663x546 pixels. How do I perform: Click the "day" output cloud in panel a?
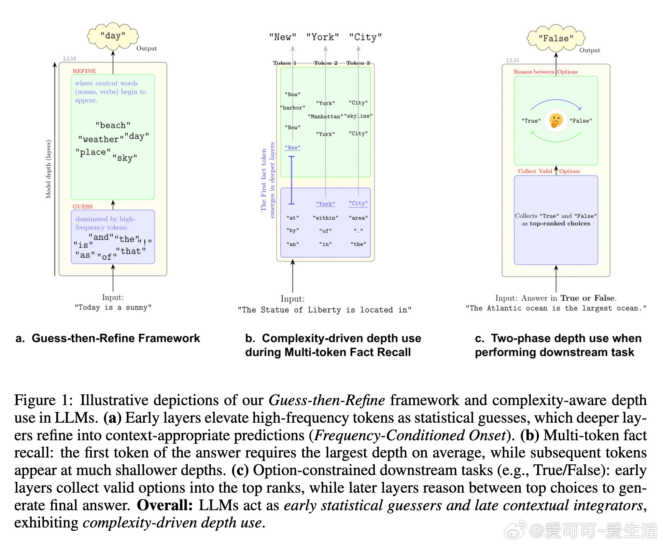pos(113,35)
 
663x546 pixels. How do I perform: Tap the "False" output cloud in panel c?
pos(556,38)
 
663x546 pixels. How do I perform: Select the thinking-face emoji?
pos(556,120)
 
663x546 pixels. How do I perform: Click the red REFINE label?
pos(84,71)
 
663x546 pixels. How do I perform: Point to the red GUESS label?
pos(82,207)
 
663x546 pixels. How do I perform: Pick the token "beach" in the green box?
pos(113,125)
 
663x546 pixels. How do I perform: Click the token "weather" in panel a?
pos(101,139)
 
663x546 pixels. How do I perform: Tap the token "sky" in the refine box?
pos(125,158)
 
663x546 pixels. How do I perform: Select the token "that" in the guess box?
pos(131,251)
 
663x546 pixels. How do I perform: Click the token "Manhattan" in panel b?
pos(325,116)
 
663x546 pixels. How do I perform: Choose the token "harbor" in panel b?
pos(292,108)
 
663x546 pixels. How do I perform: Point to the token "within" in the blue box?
pos(325,218)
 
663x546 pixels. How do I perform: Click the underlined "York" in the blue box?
pos(325,204)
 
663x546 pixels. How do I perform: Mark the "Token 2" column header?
pos(325,63)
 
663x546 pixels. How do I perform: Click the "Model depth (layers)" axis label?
pos(48,169)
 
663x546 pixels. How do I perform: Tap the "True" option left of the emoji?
pos(531,121)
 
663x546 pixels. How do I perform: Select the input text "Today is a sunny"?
pos(113,307)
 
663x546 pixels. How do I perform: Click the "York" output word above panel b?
pos(322,37)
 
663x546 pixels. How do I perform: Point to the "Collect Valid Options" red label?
pos(549,171)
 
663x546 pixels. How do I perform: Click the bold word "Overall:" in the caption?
pos(165,505)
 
